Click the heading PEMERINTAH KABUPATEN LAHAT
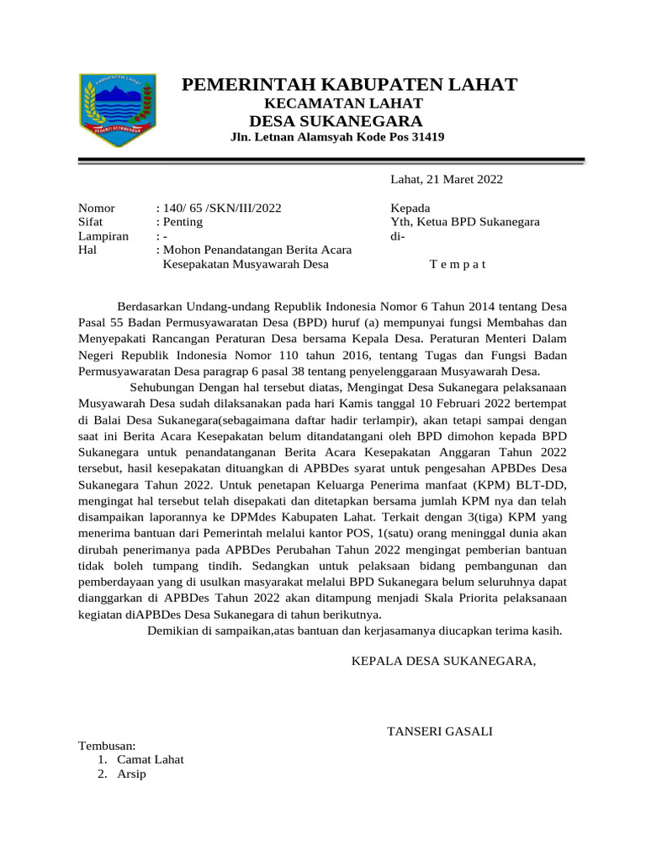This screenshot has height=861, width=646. coord(349,84)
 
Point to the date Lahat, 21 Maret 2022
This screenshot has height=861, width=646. coord(447,179)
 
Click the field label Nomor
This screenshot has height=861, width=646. coord(96,208)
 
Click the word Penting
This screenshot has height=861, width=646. coord(183,222)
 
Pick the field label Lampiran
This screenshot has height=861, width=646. coord(103,236)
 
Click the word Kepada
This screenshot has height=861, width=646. coord(410,208)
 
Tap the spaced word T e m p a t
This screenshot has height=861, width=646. coord(458,265)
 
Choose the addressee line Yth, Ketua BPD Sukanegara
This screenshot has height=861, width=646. coord(465,222)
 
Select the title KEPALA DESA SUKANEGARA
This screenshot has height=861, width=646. coord(442,662)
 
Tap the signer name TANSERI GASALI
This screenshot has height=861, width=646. coord(439,732)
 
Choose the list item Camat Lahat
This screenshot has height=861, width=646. coord(151,759)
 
